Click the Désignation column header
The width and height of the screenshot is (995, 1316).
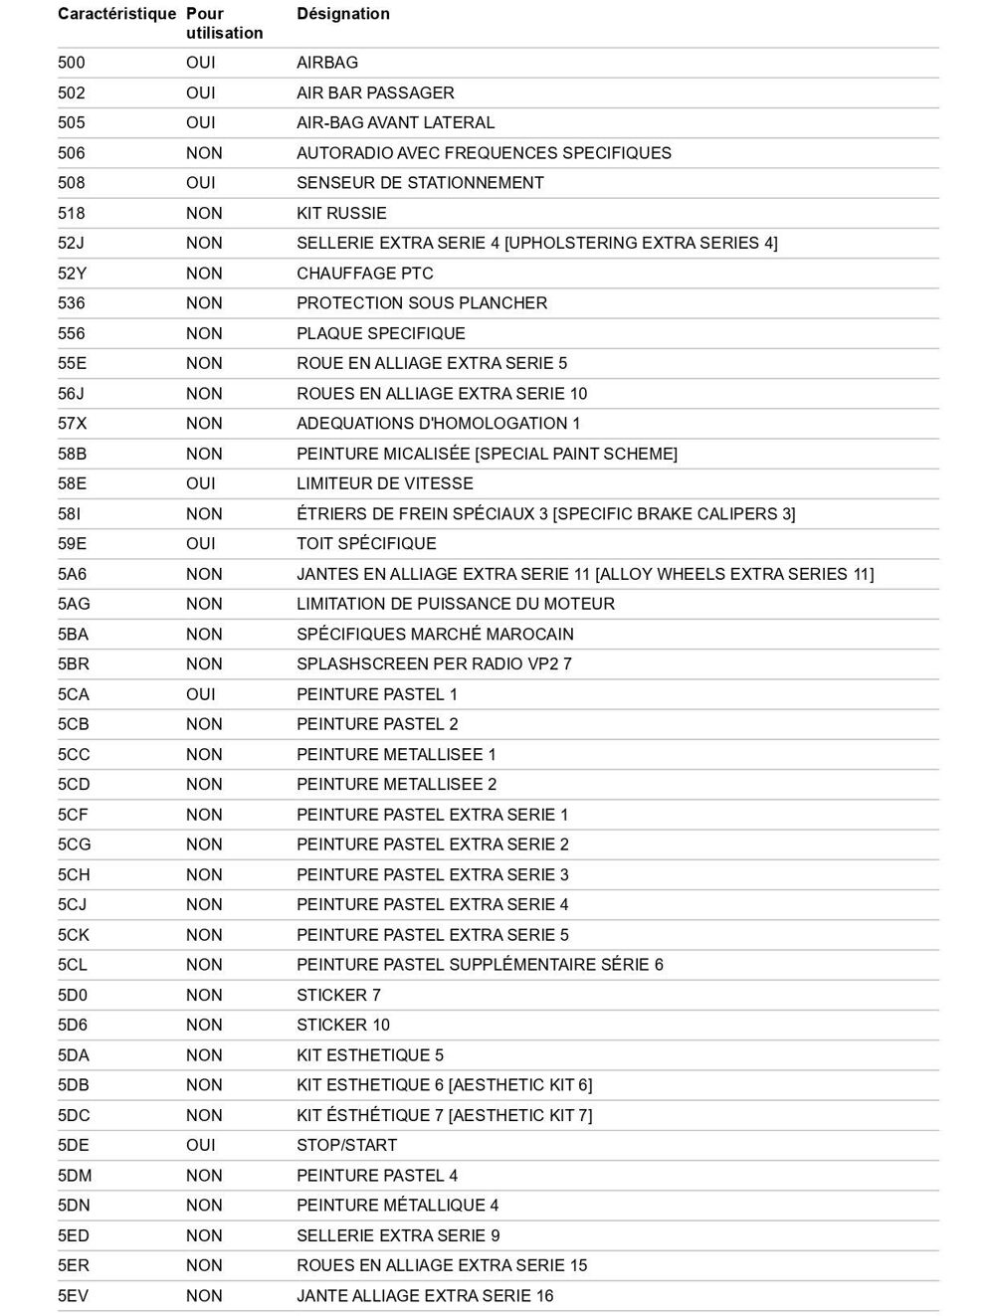[x=342, y=14]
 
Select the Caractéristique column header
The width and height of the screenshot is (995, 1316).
[x=116, y=14]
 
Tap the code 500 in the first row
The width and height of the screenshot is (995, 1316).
[x=72, y=63]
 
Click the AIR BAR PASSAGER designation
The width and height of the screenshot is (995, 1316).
[x=375, y=93]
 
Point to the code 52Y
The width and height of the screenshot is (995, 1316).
[x=72, y=274]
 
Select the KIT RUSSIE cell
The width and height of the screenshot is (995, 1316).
[x=341, y=213]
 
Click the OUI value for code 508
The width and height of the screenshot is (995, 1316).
[x=200, y=183]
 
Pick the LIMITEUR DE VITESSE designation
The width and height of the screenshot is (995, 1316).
[x=384, y=483]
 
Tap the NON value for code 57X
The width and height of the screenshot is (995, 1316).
[x=204, y=424]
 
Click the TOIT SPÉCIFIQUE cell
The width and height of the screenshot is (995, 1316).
[x=366, y=544]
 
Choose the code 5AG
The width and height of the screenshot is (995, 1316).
[x=74, y=604]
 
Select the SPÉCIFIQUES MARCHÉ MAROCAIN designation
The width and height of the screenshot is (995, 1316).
[x=435, y=635]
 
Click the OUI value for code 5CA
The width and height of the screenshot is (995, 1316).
[x=200, y=694]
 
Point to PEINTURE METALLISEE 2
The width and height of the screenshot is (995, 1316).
[x=396, y=784]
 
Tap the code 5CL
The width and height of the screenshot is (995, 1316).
[x=73, y=965]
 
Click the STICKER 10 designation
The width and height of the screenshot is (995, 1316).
[x=342, y=1025]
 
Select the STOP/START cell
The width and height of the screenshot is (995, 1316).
[x=346, y=1145]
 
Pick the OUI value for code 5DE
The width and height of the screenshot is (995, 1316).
[x=200, y=1145]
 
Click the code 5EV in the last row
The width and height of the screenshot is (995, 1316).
[x=73, y=1295]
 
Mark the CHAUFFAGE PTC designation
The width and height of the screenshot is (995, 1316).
[x=364, y=274]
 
